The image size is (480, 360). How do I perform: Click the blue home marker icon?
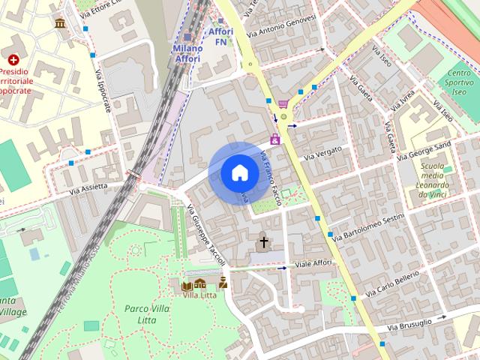[238, 172]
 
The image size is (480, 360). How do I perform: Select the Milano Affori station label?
[187, 53]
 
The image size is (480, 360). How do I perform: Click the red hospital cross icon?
[13, 59]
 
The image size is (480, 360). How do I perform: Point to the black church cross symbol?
[263, 242]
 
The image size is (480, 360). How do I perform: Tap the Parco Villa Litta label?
[145, 314]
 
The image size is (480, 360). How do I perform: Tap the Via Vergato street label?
[323, 153]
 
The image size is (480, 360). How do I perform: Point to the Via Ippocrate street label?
[103, 91]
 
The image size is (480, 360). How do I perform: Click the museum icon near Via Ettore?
[59, 24]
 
